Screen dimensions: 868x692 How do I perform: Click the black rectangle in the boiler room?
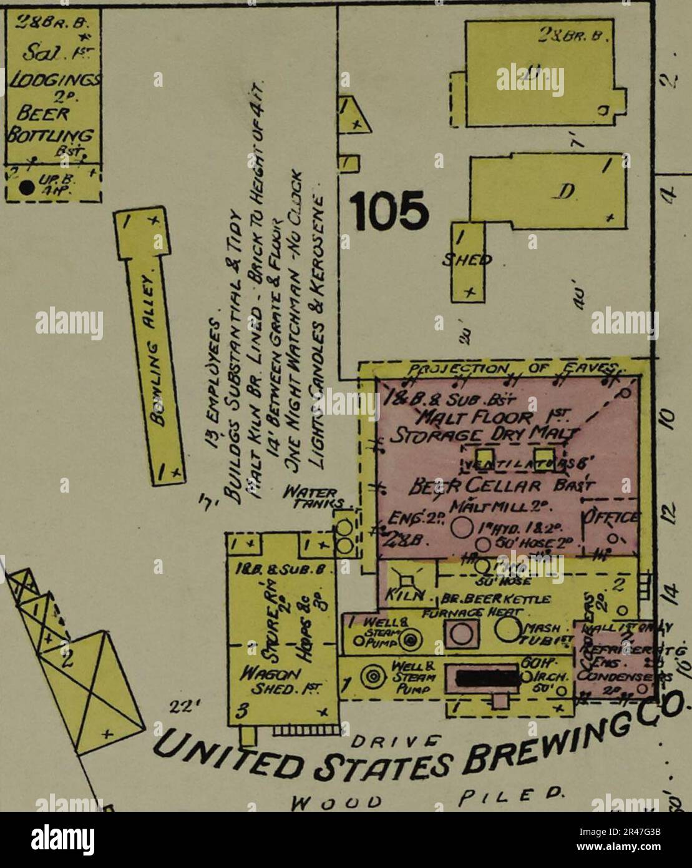click(x=486, y=678)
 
